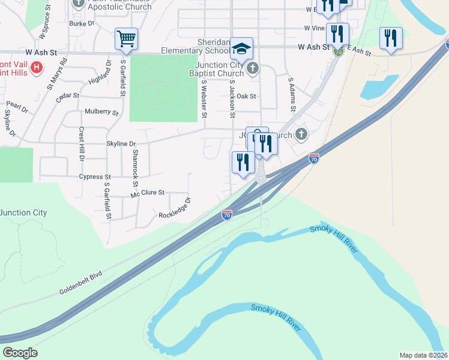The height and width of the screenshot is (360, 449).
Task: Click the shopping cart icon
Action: [126, 39]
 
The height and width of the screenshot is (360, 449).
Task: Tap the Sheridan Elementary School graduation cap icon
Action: [242, 49]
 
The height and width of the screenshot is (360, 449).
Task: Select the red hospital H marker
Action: [37, 67]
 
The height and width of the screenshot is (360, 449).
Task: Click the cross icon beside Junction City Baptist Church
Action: [253, 68]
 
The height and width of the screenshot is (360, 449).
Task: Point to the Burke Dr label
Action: [82, 24]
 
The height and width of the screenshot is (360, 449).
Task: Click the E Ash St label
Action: [358, 52]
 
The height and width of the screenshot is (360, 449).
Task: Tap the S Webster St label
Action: [204, 99]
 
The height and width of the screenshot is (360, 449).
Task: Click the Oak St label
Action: [246, 96]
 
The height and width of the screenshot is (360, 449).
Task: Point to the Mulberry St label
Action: [101, 112]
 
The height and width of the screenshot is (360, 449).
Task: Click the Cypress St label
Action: [95, 177]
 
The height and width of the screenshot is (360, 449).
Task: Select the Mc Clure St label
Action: [148, 193]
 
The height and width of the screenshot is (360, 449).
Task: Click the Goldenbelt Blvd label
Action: [80, 283]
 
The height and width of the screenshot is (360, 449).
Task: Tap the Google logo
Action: [20, 353]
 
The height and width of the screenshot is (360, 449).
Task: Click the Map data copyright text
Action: [423, 355]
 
